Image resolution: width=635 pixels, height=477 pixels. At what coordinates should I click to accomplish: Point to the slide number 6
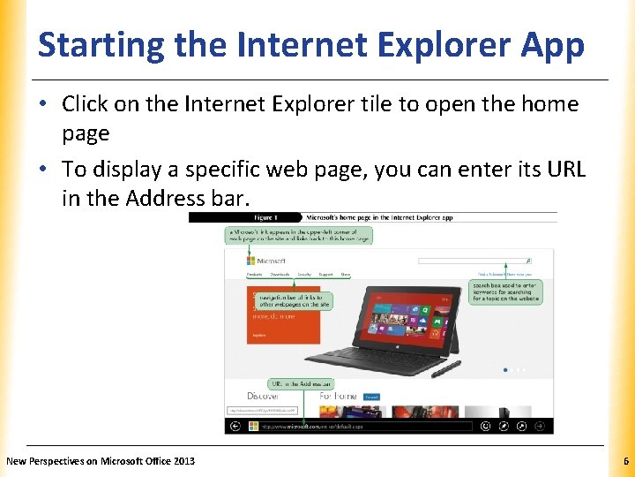625,461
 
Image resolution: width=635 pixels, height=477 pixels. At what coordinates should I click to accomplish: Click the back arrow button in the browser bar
234,426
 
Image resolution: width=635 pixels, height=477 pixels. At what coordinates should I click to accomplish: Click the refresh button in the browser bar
484,426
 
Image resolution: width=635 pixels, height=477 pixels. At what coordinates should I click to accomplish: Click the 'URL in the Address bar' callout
302,384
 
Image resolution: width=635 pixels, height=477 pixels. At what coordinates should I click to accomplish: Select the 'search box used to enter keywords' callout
507,292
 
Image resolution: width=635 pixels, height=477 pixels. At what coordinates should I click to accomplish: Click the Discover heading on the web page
263,396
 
